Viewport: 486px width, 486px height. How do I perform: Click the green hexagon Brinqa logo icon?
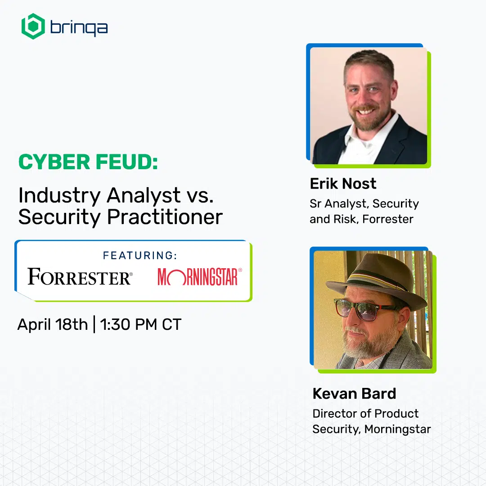(x=33, y=27)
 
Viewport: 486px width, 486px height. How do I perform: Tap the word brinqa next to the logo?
(x=79, y=28)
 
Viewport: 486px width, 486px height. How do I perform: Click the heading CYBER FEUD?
(x=88, y=162)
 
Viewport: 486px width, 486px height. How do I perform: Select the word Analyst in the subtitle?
(x=144, y=196)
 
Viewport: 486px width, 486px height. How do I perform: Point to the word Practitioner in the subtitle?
(x=165, y=216)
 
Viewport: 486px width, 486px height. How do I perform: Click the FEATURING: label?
(x=140, y=256)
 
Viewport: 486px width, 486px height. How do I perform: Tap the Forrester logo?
(x=80, y=276)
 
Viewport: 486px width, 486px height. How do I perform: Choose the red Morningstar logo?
(x=200, y=276)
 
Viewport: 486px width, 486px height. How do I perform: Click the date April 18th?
(x=53, y=324)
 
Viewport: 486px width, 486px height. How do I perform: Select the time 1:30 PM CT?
(x=141, y=324)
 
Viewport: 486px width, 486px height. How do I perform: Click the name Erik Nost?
(x=343, y=184)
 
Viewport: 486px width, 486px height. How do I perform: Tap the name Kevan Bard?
(x=354, y=394)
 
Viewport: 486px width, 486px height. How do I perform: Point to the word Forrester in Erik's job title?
(x=388, y=219)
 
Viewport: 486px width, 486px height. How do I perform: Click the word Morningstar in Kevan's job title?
(x=398, y=429)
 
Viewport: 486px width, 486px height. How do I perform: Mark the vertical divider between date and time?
(x=94, y=324)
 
